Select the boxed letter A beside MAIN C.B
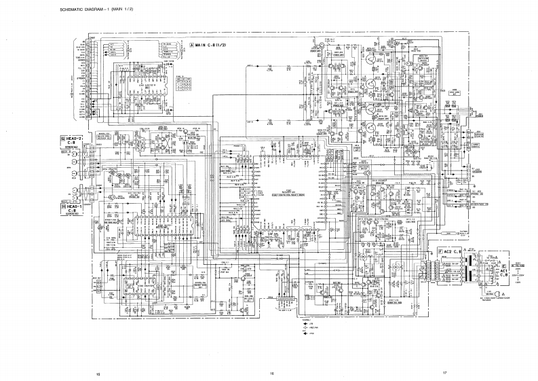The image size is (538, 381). [192, 46]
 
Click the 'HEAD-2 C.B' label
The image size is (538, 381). [72, 140]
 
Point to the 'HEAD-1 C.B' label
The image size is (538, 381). [72, 208]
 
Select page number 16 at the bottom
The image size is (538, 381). [271, 374]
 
